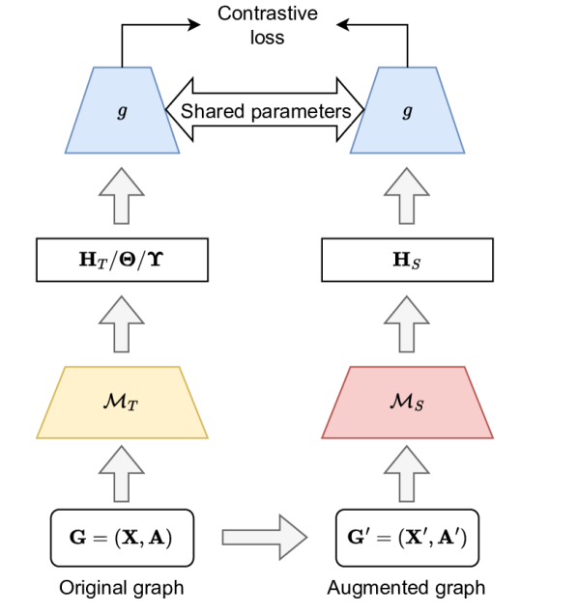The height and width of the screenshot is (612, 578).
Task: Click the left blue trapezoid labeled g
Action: click(x=122, y=110)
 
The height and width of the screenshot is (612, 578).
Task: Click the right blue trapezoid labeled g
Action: click(x=407, y=110)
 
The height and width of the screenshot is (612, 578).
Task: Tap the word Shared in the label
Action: click(x=207, y=112)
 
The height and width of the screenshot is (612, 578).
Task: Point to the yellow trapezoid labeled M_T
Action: click(x=122, y=403)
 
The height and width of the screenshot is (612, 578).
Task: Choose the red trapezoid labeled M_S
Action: click(x=407, y=403)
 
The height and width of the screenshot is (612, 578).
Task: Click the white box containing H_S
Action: click(x=407, y=260)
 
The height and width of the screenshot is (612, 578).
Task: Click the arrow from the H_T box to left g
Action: click(x=122, y=199)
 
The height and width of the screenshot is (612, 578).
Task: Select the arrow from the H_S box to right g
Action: click(x=407, y=199)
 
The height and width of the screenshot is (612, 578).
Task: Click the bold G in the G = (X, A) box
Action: click(x=77, y=538)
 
